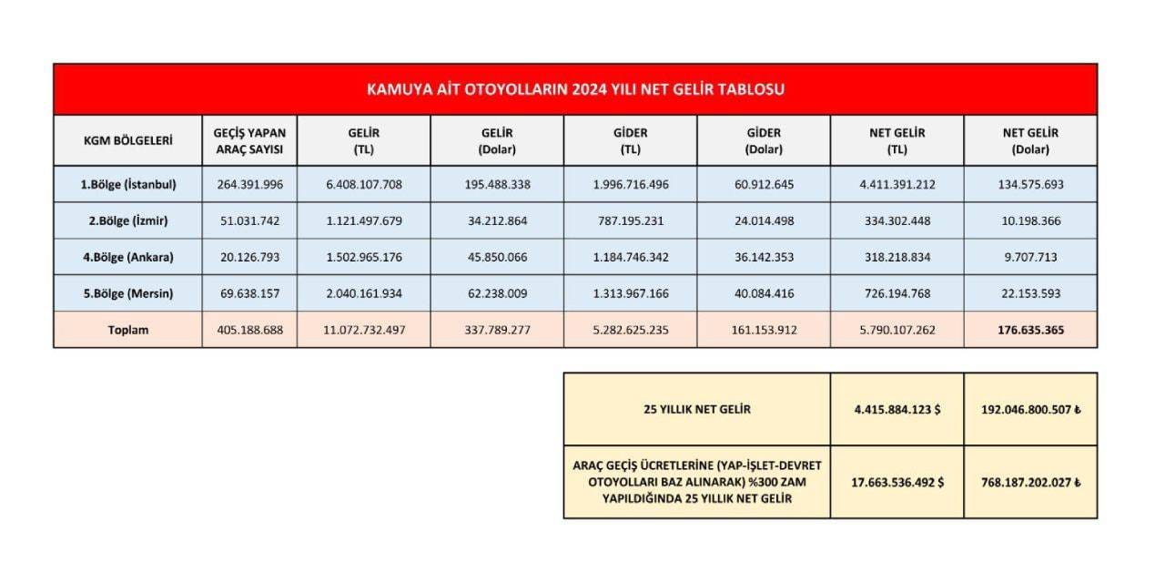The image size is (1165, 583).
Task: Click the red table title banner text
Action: (575, 89)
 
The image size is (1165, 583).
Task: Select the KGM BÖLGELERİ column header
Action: (127, 140)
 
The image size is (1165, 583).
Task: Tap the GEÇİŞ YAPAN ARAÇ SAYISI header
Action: (249, 140)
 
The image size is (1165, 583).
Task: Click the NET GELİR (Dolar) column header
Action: (1030, 140)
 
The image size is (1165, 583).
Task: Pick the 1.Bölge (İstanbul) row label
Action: (128, 184)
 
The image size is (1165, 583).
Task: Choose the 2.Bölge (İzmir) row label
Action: (128, 220)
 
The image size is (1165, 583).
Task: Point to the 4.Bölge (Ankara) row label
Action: (128, 257)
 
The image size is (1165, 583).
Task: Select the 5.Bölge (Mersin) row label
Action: (128, 293)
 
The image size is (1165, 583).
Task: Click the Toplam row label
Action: (128, 330)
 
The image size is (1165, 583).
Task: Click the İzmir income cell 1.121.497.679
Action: (363, 220)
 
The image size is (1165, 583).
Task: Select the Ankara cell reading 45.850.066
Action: (497, 257)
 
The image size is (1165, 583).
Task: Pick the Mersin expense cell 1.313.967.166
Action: (630, 293)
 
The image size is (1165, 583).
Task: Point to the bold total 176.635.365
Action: (1030, 330)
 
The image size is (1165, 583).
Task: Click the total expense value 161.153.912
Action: (764, 330)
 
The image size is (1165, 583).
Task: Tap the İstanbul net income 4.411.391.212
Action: (897, 184)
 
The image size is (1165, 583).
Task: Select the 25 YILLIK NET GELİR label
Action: (696, 409)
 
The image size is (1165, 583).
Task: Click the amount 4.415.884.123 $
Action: (897, 409)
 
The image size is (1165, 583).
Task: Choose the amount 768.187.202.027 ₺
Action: (1030, 482)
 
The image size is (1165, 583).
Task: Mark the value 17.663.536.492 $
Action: (897, 482)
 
